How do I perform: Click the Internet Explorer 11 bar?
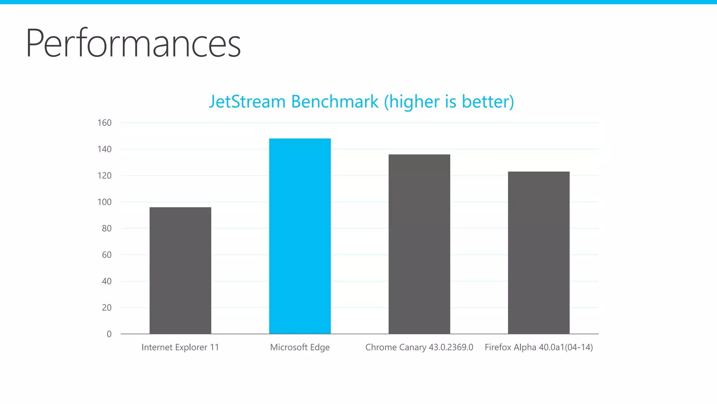point(180,270)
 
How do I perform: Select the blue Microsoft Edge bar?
point(300,236)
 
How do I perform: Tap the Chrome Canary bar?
point(419,244)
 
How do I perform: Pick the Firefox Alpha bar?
point(538,252)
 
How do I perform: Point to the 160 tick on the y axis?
point(104,123)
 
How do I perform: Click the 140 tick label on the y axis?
point(104,149)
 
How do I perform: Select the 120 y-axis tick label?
point(104,176)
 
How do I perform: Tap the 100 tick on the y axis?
point(104,202)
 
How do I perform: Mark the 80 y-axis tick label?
point(106,228)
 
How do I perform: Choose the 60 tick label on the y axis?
point(106,255)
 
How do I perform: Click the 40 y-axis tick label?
point(106,281)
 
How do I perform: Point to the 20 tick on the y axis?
point(106,308)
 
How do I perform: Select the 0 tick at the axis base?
point(109,334)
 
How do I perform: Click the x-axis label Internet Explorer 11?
point(180,347)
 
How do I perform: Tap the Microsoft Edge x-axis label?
point(300,347)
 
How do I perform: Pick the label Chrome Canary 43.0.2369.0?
point(419,347)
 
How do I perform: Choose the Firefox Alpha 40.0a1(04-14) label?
point(538,347)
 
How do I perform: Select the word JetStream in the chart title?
point(247,102)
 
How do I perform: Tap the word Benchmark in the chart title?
point(335,102)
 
